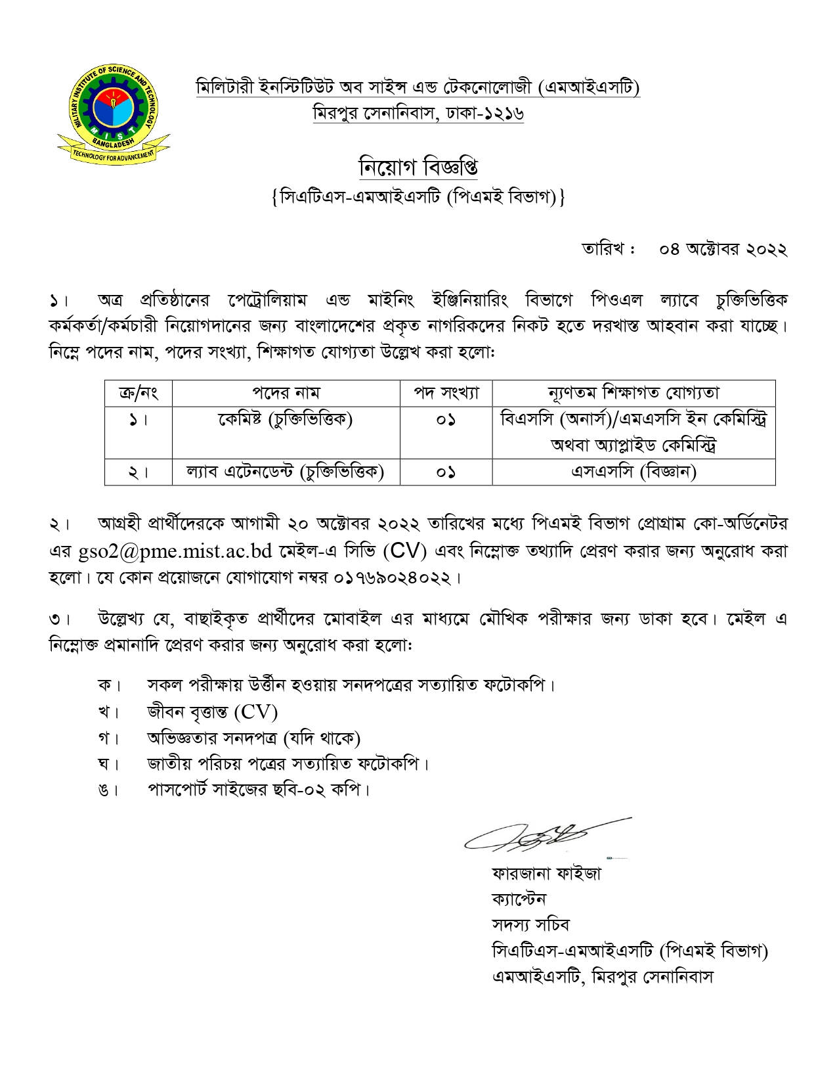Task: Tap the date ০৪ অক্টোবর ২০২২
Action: [723, 250]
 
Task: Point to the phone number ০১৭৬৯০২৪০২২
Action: [394, 578]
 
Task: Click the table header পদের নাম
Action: [286, 393]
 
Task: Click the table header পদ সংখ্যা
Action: [446, 393]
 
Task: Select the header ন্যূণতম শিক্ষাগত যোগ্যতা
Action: [633, 393]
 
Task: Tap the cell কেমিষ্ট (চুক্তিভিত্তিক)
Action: [286, 419]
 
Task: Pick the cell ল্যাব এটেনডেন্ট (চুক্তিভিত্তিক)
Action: [286, 472]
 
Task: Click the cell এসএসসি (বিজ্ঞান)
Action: [633, 472]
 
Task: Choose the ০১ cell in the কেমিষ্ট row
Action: [446, 419]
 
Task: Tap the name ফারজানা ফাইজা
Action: [546, 873]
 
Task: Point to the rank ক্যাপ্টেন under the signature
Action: [519, 899]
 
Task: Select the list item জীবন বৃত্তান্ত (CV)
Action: [212, 711]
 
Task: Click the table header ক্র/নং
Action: [138, 393]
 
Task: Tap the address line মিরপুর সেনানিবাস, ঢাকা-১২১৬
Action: [418, 114]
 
